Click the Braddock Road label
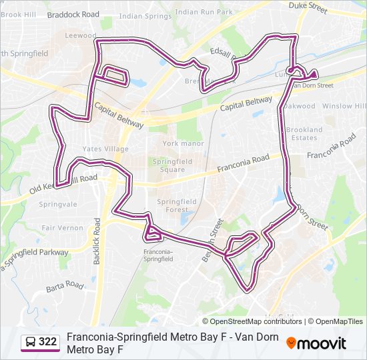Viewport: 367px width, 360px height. click(73, 14)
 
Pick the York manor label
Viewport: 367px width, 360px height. click(183, 143)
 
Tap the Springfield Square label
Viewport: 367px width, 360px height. click(172, 165)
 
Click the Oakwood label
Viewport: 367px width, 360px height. click(298, 106)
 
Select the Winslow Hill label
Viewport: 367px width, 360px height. click(344, 106)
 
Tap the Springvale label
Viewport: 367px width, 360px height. click(59, 204)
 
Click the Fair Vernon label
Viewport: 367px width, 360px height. click(62, 227)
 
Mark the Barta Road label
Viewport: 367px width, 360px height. click(65, 285)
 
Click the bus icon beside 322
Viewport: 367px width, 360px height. click(31, 342)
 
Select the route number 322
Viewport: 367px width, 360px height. click(47, 342)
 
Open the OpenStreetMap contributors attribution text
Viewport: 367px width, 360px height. click(256, 321)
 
